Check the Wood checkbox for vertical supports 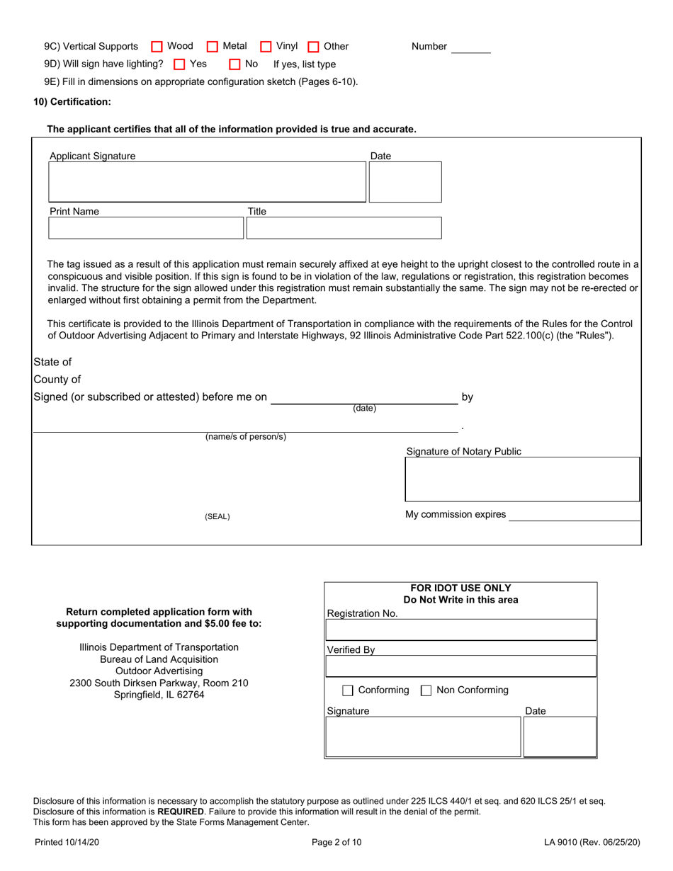[x=157, y=47]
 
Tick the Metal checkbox [x=213, y=47]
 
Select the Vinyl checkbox [x=266, y=47]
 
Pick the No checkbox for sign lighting [x=235, y=64]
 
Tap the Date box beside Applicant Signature [x=405, y=182]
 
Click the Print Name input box [x=146, y=228]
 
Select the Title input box [x=344, y=228]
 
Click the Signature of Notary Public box [x=522, y=479]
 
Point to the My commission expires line [x=574, y=516]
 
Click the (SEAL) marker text [x=217, y=517]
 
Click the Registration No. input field [x=460, y=630]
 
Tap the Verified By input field [x=460, y=666]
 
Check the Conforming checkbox [x=348, y=690]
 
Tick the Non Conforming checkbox [x=426, y=690]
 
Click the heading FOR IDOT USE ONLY [x=460, y=588]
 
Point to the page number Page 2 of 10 [x=336, y=843]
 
